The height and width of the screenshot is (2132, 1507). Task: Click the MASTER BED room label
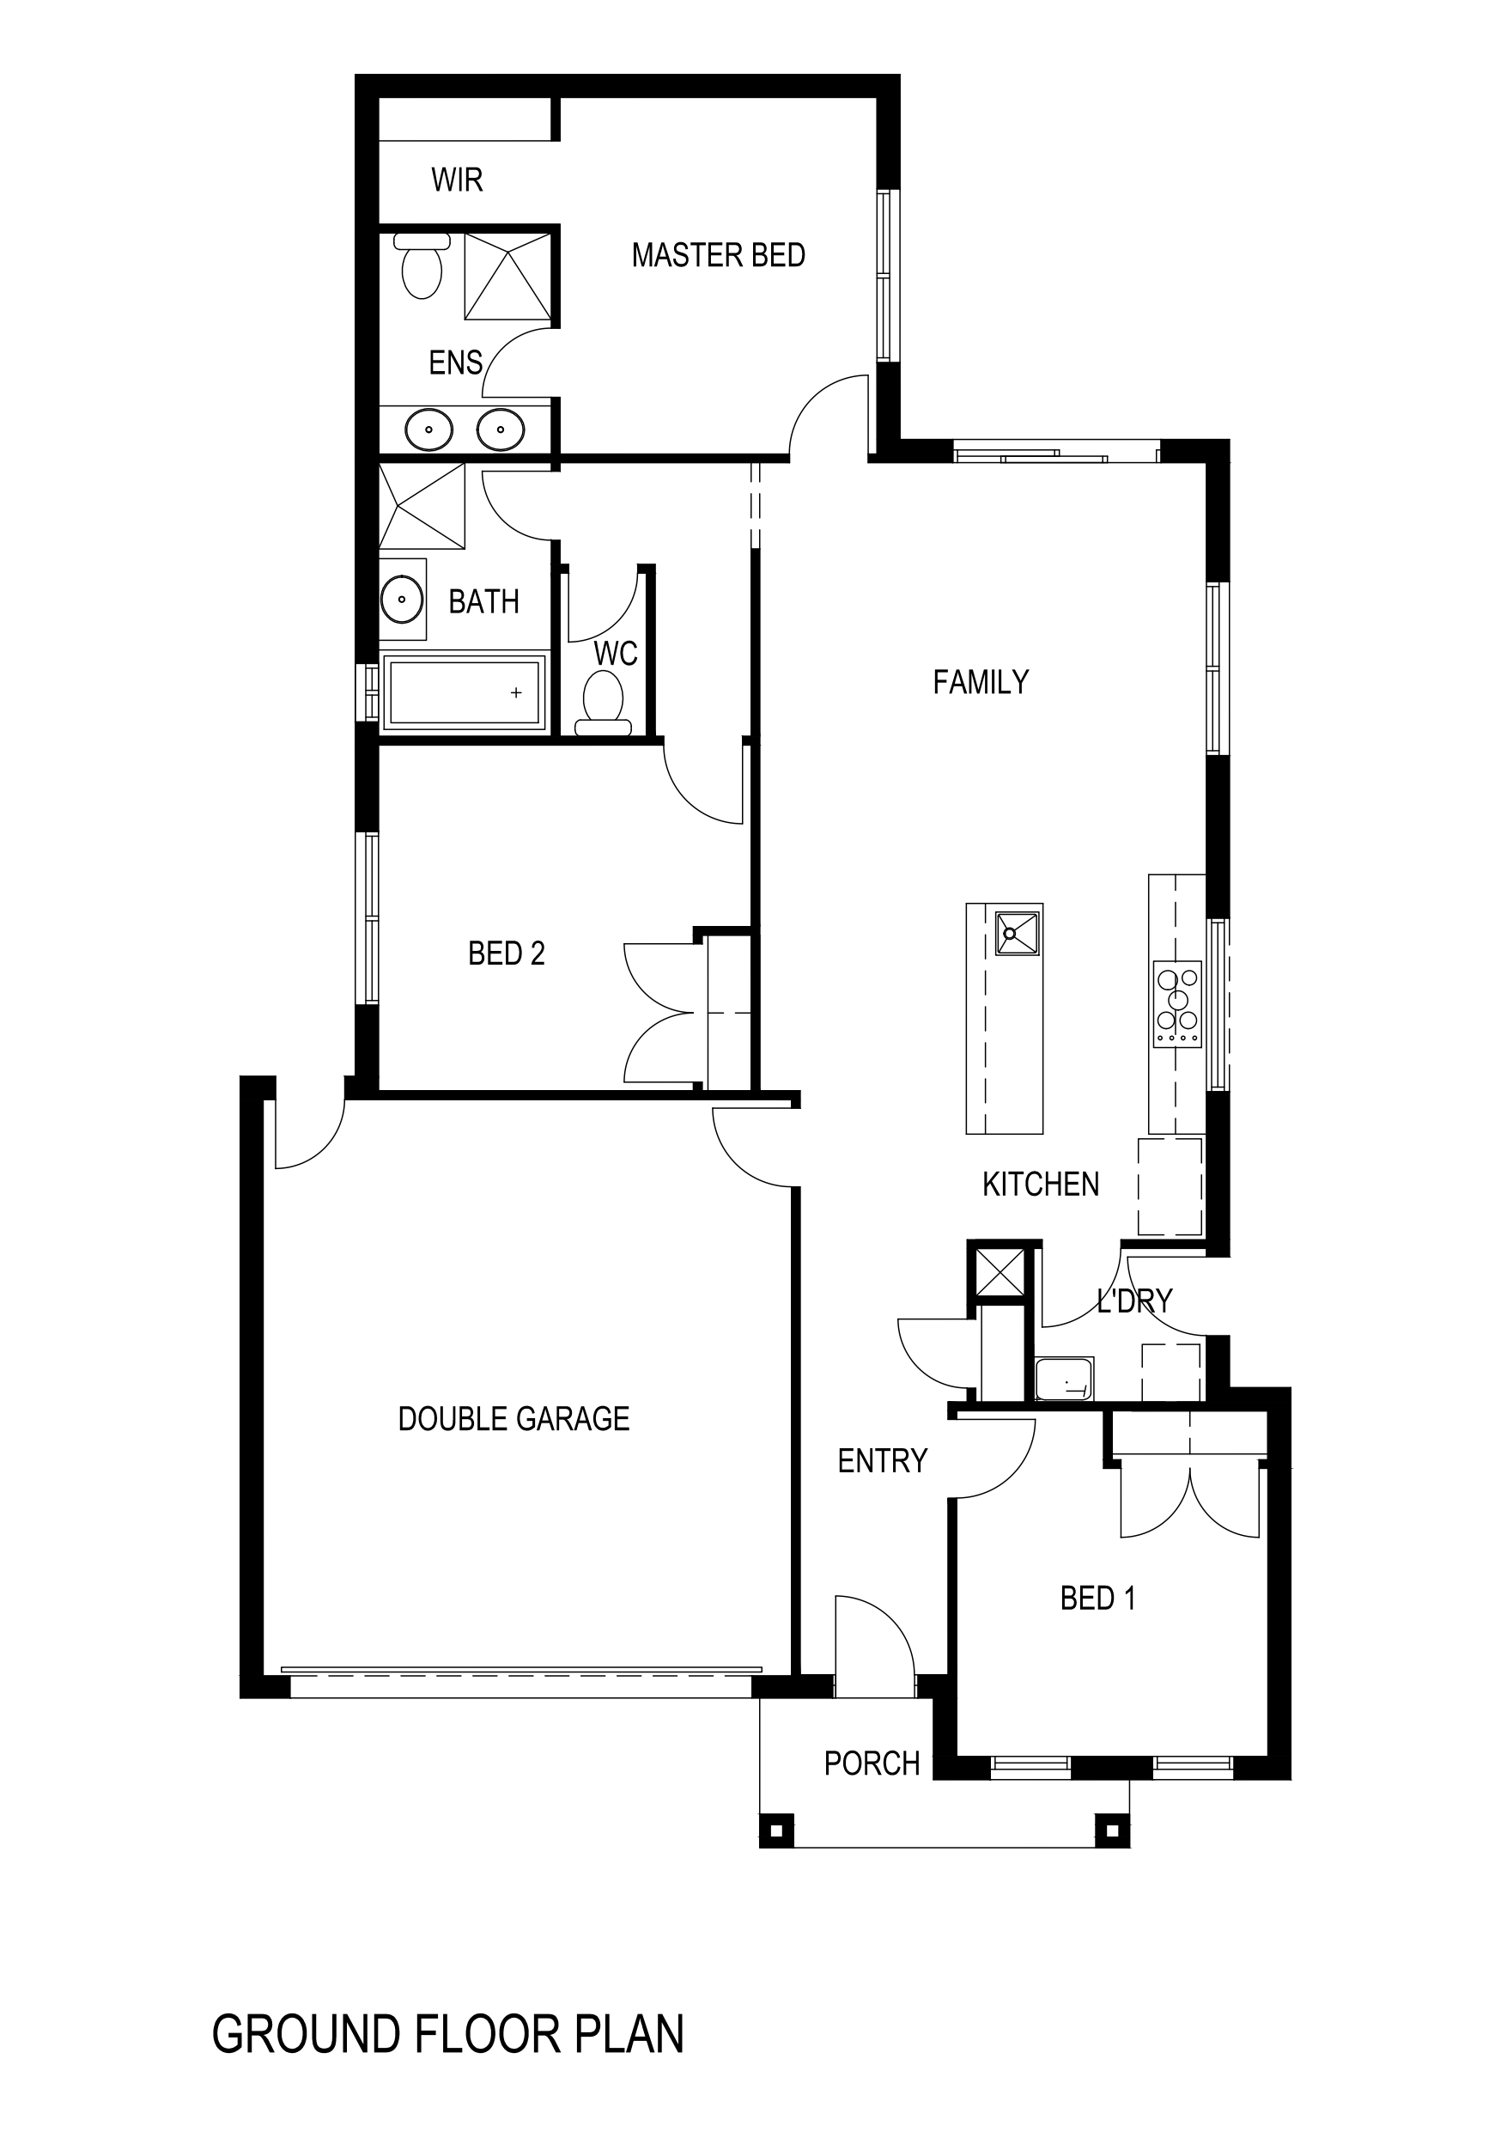point(718,255)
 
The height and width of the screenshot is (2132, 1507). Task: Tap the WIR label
point(457,180)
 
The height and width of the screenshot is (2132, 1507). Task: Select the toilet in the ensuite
point(422,266)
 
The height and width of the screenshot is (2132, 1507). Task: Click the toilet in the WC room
point(603,702)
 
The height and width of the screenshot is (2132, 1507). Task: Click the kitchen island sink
point(1017,932)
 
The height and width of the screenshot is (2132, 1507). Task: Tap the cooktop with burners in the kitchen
point(1177,1004)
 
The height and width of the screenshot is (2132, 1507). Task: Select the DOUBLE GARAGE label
point(513,1419)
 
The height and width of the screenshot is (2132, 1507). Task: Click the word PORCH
point(871,1763)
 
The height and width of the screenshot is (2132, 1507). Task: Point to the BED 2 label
point(506,953)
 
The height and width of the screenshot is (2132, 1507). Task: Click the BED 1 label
point(1097,1598)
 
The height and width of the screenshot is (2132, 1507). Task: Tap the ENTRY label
point(882,1462)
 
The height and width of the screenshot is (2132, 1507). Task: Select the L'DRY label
point(1134,1301)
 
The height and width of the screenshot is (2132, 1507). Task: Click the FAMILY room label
point(981,683)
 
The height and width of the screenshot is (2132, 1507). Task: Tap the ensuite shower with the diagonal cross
point(507,276)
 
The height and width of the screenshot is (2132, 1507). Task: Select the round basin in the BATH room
point(402,599)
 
